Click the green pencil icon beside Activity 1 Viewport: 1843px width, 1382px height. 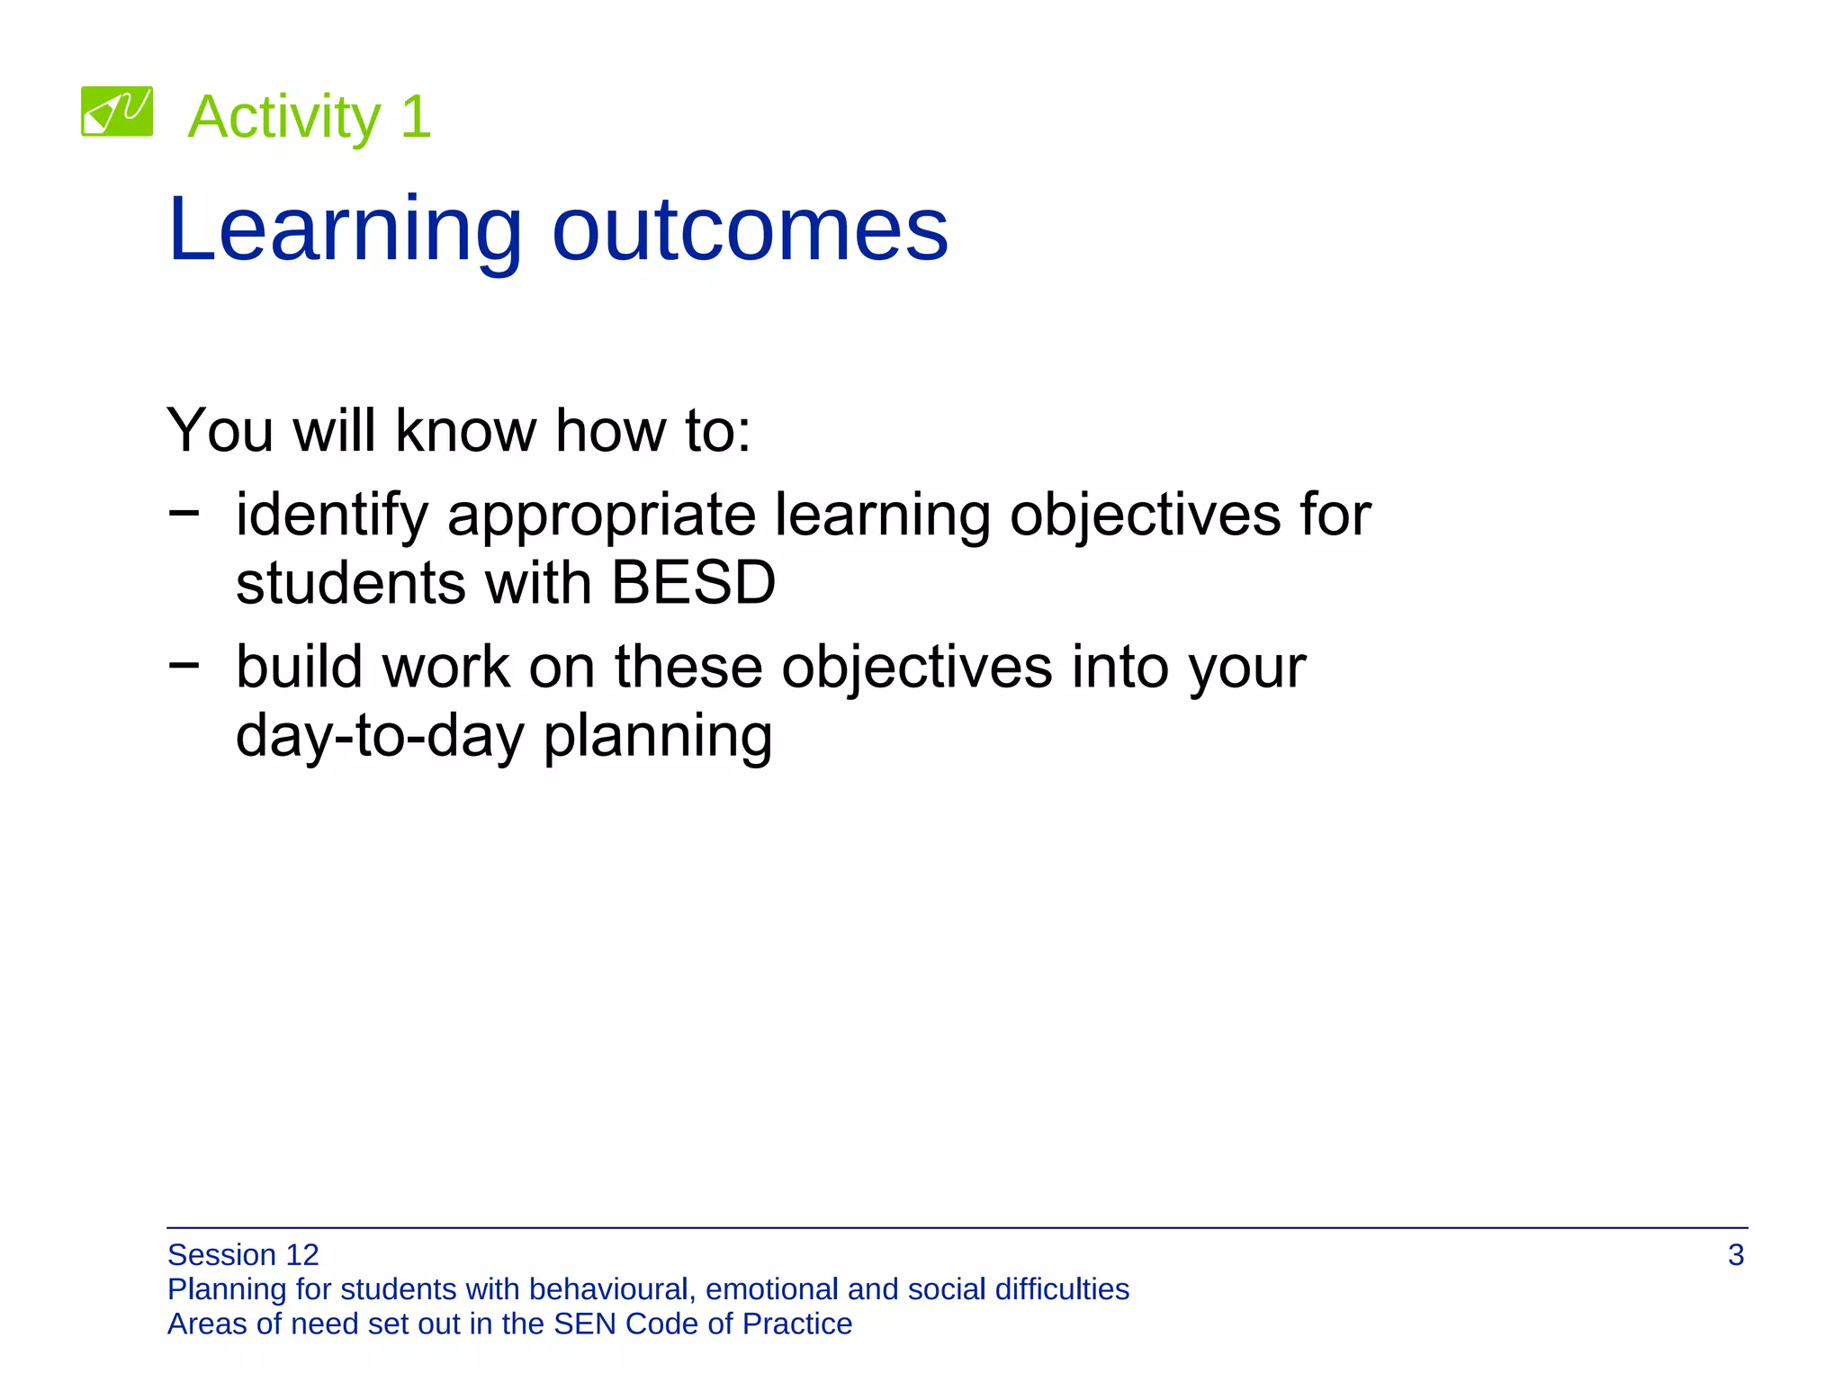(117, 112)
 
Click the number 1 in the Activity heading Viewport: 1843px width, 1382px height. (417, 117)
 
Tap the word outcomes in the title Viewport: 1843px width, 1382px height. (750, 230)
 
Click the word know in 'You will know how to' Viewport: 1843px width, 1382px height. (465, 430)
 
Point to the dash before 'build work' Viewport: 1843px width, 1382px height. (184, 665)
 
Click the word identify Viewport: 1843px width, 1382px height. (332, 516)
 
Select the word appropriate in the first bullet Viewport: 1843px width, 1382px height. (601, 516)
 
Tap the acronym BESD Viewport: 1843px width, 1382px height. (693, 583)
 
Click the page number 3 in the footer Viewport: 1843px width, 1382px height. (1736, 1255)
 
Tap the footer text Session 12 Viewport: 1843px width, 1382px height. (243, 1255)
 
